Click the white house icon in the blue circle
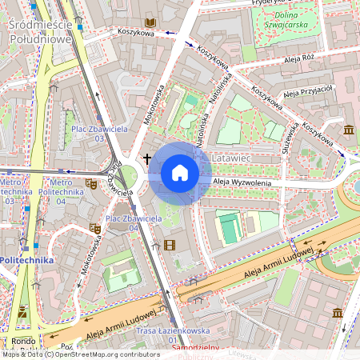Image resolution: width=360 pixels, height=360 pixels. click(180, 173)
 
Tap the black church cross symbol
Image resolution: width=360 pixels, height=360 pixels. click(147, 158)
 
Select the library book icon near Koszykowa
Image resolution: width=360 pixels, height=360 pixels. click(150, 22)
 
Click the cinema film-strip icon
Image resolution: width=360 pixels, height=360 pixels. click(168, 245)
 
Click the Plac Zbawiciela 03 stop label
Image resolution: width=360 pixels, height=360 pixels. click(88, 133)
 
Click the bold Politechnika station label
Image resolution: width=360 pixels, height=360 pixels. click(26, 260)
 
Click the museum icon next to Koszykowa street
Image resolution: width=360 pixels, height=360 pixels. click(349, 130)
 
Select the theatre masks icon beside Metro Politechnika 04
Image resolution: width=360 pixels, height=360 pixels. click(93, 184)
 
